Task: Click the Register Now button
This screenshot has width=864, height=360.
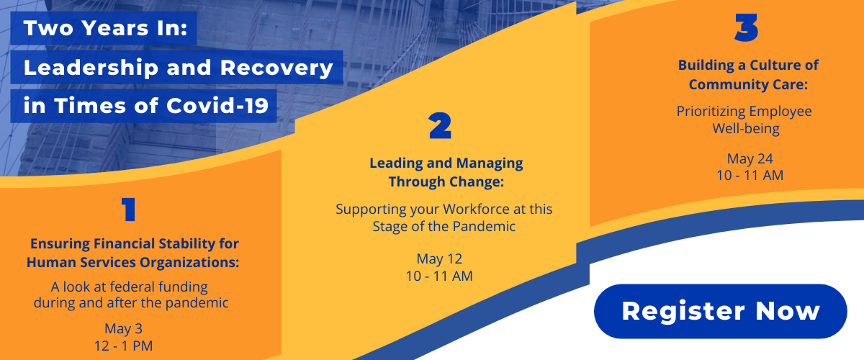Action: [x=720, y=311]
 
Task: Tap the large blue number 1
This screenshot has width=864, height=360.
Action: [x=128, y=210]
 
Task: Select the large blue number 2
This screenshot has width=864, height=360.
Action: [x=440, y=126]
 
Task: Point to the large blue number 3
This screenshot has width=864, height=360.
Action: [x=747, y=27]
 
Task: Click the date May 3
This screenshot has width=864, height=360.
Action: [x=123, y=329]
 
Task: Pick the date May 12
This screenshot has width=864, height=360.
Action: [x=439, y=259]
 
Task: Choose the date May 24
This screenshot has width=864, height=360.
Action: [x=750, y=158]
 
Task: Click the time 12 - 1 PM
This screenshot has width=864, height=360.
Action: [x=123, y=346]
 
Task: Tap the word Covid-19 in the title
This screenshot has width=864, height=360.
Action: [x=217, y=106]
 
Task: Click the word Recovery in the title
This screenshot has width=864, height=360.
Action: [x=276, y=68]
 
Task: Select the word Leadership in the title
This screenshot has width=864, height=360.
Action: [x=91, y=68]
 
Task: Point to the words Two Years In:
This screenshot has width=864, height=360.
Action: [x=105, y=28]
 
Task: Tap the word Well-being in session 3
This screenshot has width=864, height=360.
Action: [x=746, y=128]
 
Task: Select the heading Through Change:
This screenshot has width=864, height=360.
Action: [x=446, y=181]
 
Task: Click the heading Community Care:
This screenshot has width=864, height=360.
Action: [x=748, y=84]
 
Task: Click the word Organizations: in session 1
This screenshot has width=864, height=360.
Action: [x=189, y=262]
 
